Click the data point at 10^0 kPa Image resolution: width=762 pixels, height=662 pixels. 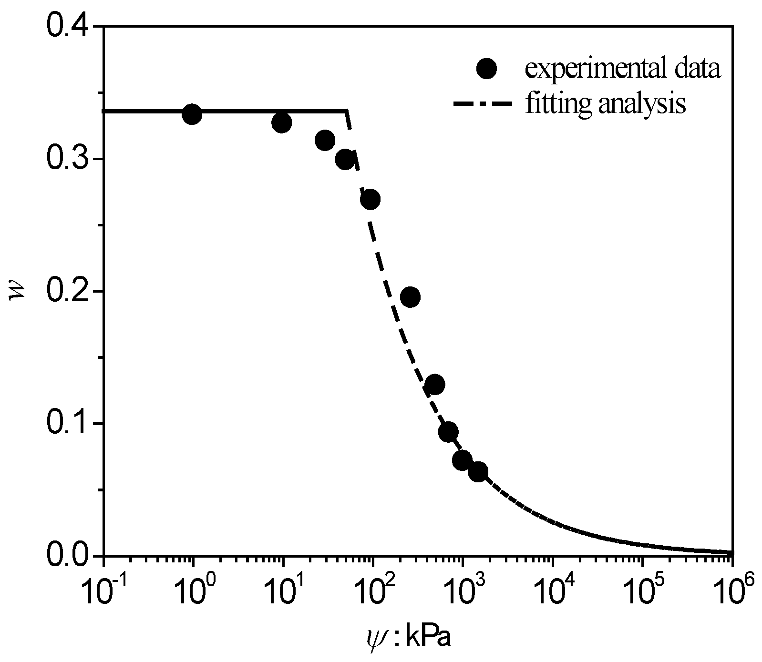click(192, 114)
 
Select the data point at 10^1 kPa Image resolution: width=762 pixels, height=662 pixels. click(282, 123)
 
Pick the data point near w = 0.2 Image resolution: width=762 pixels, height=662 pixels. click(410, 297)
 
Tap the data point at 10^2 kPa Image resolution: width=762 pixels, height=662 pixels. click(370, 200)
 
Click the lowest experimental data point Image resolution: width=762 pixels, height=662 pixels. click(478, 472)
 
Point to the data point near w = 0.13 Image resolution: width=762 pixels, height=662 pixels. click(434, 384)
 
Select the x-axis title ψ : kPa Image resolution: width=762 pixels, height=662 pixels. click(406, 638)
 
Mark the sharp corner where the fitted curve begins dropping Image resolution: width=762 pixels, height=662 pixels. click(347, 111)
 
